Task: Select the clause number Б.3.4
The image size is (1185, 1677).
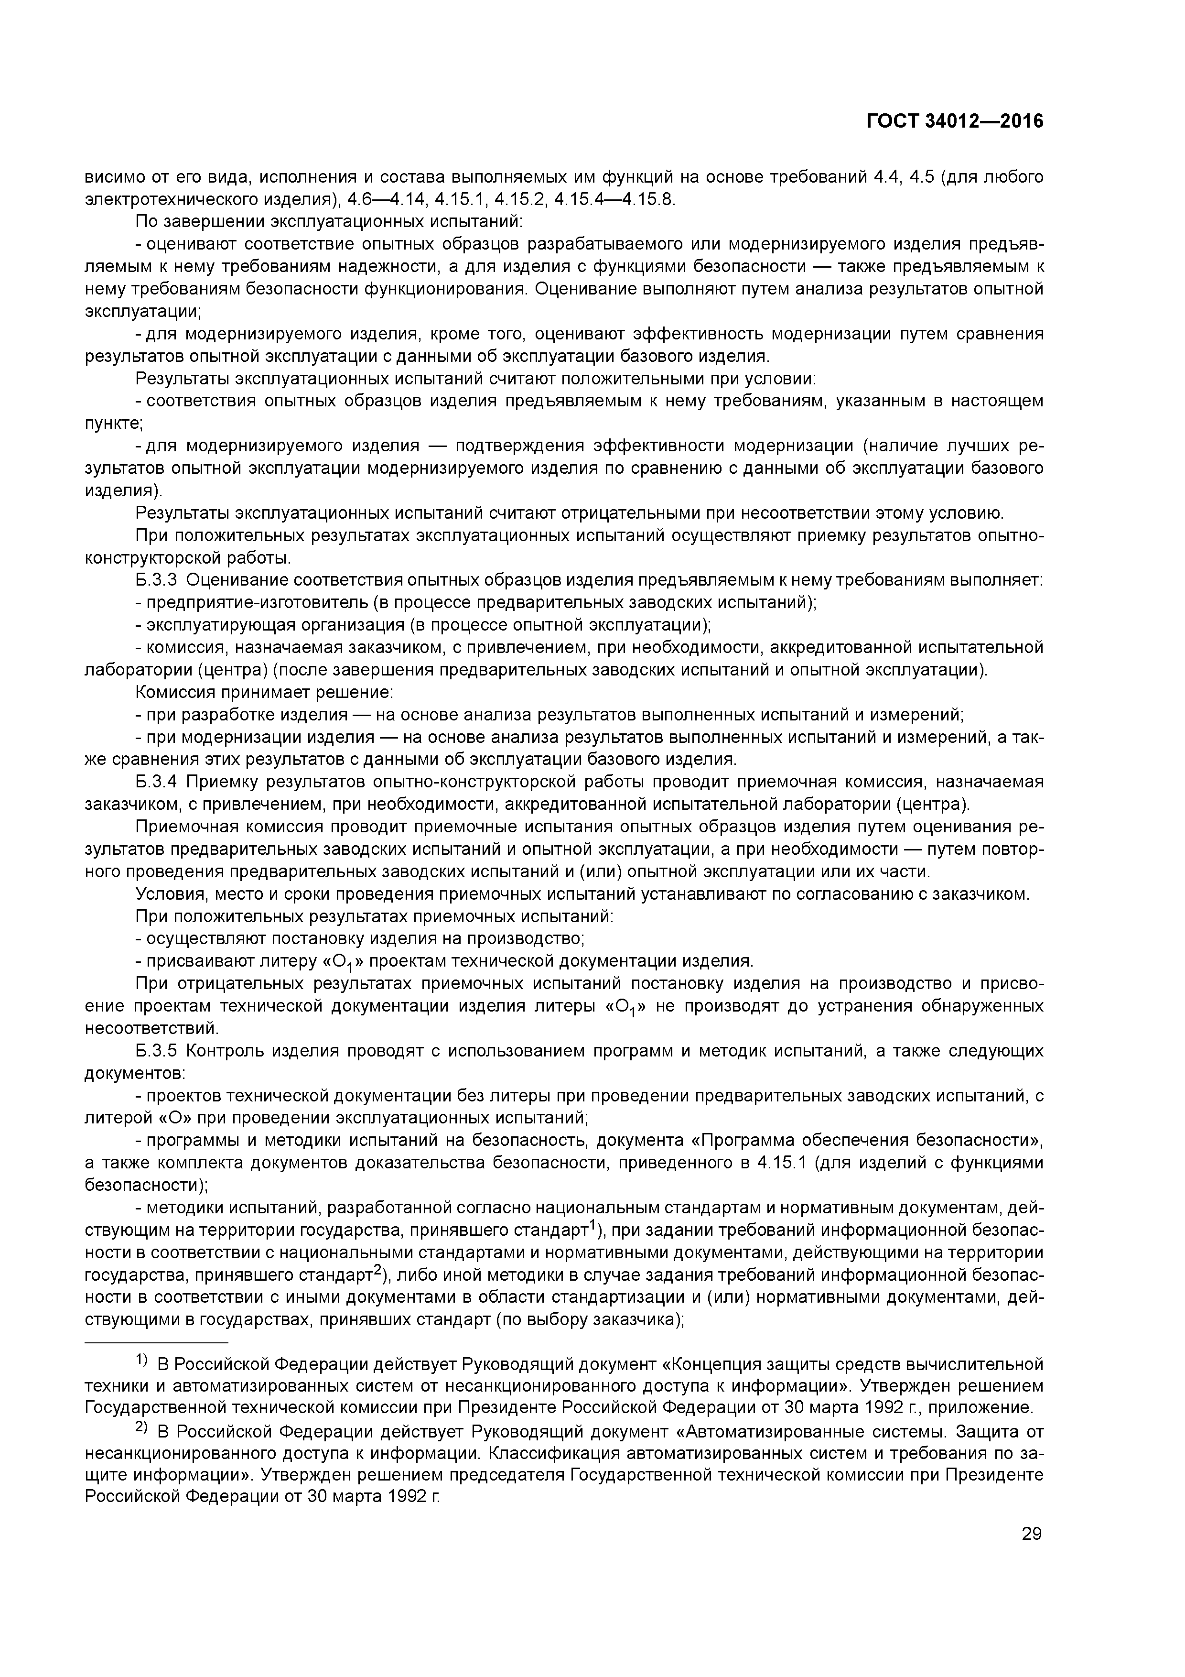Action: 156,782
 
